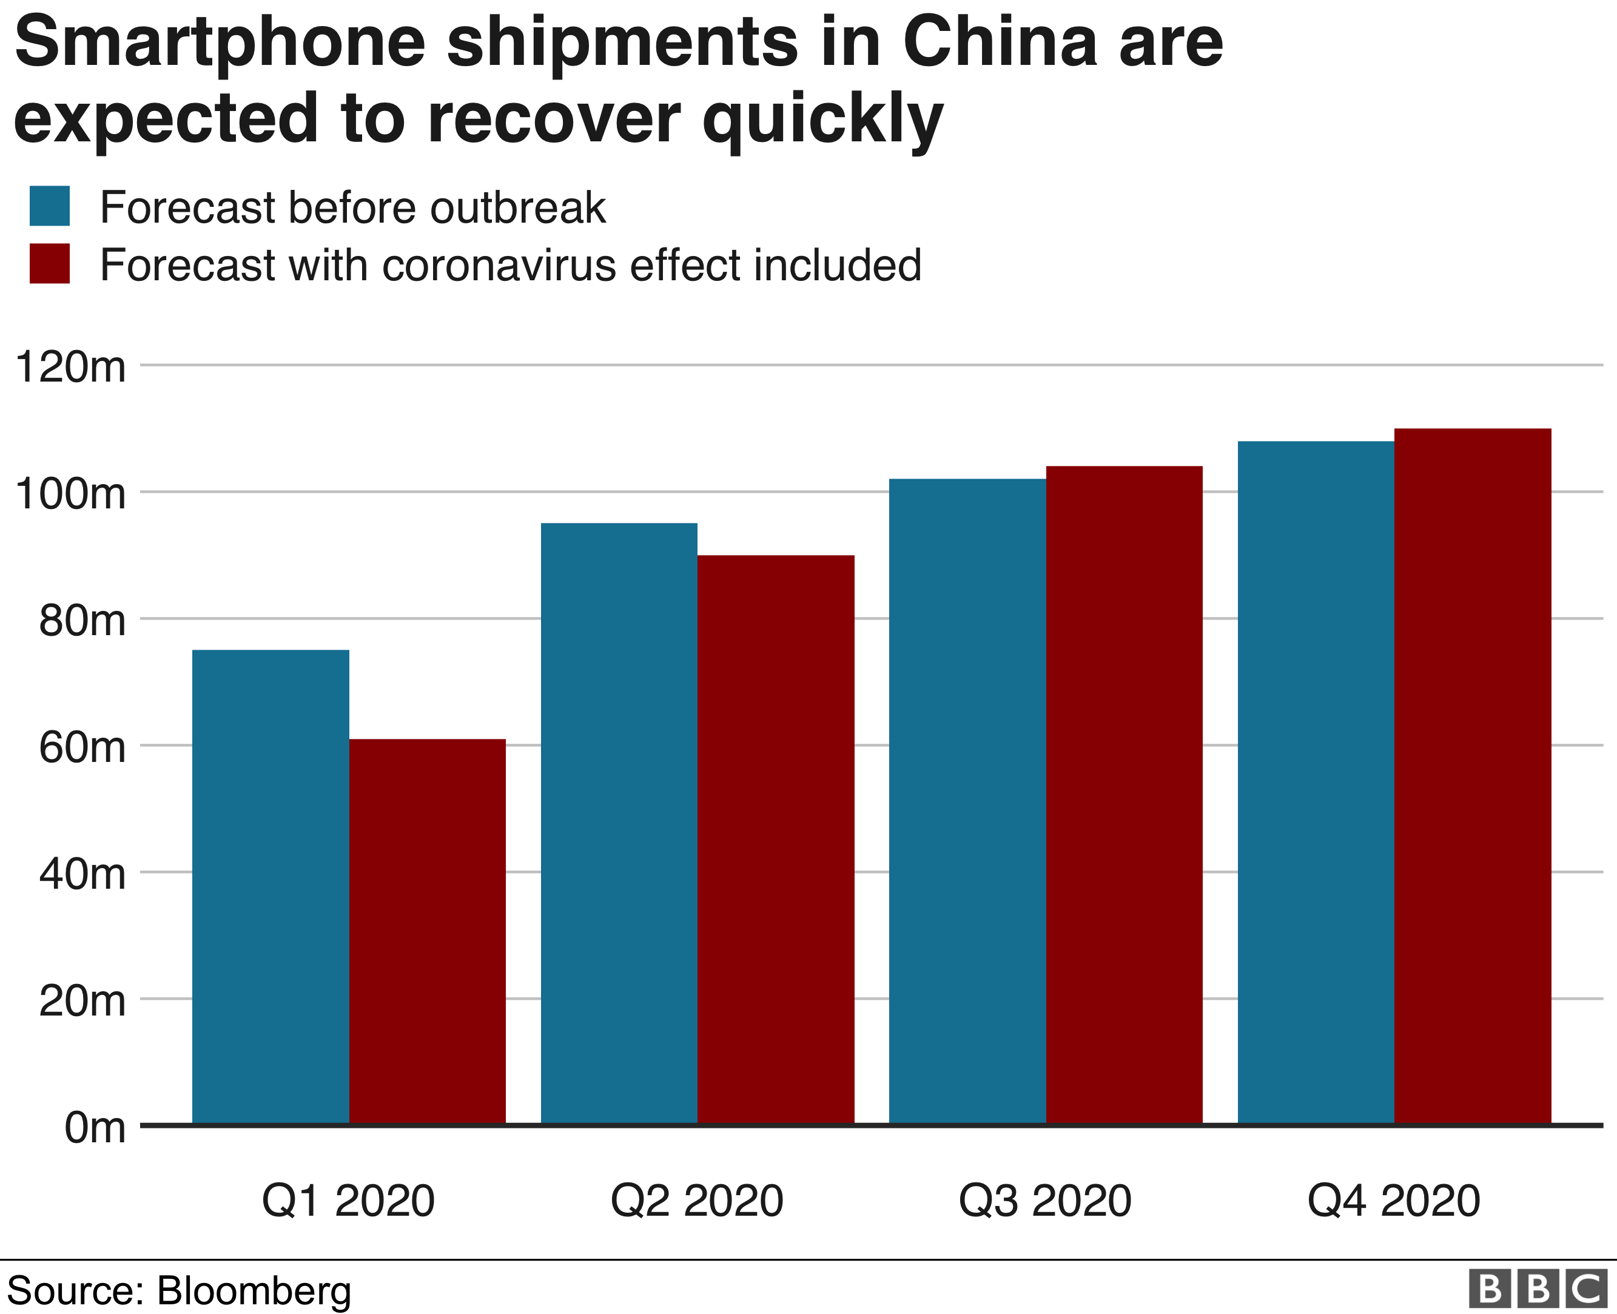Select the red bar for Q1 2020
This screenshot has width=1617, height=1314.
[x=427, y=931]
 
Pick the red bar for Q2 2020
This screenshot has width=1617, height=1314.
[x=776, y=840]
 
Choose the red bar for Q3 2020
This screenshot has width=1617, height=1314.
[x=1124, y=795]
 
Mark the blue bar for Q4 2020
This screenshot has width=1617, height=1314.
[x=1315, y=783]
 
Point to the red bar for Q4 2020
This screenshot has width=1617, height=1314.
[x=1473, y=776]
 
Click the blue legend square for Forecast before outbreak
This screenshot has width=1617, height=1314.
[x=50, y=206]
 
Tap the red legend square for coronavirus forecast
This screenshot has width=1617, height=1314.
[x=50, y=263]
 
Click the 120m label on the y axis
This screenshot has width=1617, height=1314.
[x=70, y=368]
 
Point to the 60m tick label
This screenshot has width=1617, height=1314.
[x=82, y=748]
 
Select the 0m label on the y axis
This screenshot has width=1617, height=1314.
[x=95, y=1128]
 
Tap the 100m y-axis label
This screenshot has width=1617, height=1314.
[x=70, y=494]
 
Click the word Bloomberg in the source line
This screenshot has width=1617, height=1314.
[x=254, y=1290]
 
